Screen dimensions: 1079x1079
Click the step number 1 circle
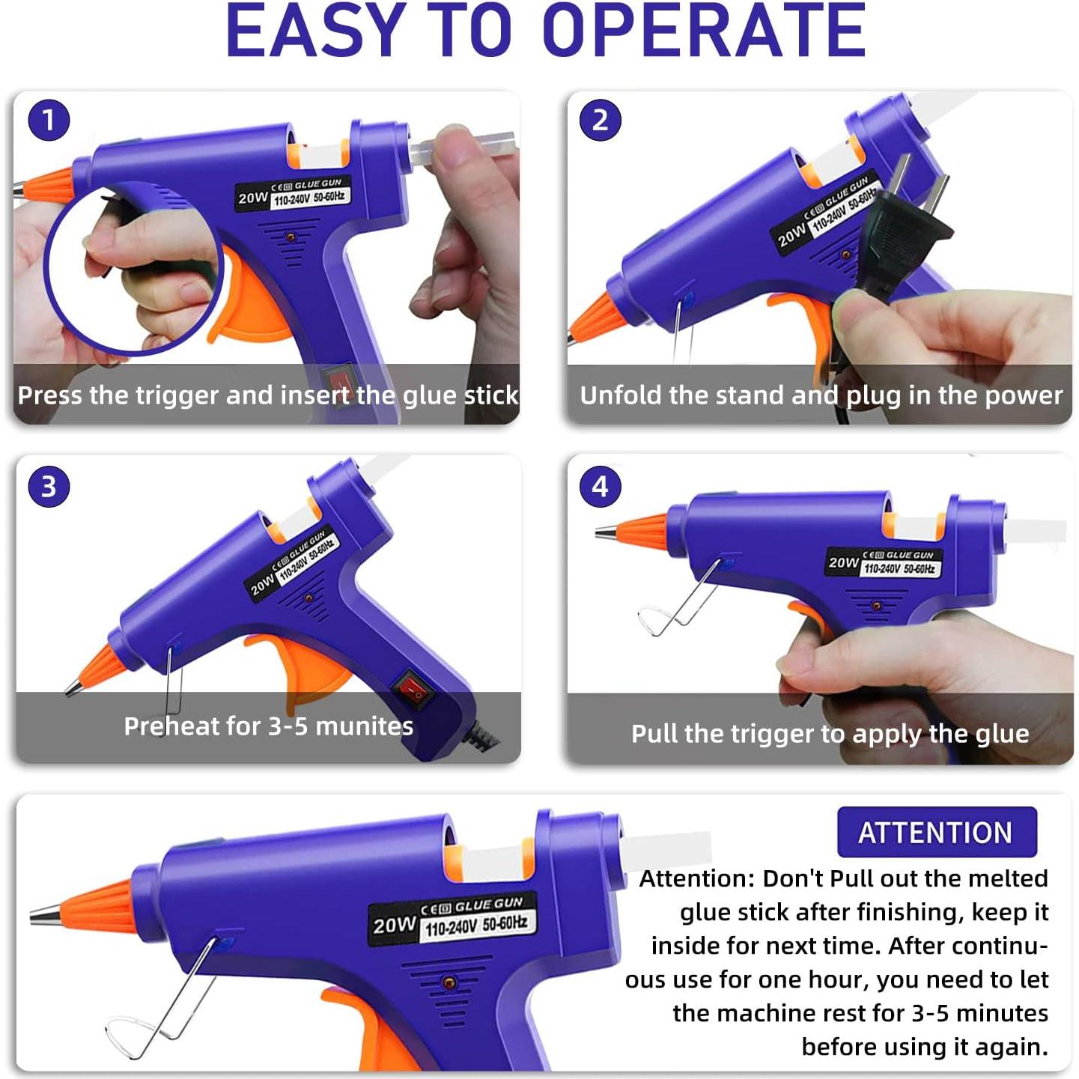(x=49, y=121)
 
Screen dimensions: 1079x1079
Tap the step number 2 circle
(x=601, y=121)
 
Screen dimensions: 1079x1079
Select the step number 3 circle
(x=49, y=487)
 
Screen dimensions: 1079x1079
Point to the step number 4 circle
(x=601, y=487)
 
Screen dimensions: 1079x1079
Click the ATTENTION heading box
(x=936, y=832)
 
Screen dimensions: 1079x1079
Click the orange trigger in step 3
(x=303, y=666)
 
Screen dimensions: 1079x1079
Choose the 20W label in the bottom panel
(x=394, y=925)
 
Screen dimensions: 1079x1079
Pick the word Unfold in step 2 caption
(x=621, y=395)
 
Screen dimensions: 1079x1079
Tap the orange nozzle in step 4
(x=642, y=530)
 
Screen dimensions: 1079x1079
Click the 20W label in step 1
(x=252, y=198)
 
